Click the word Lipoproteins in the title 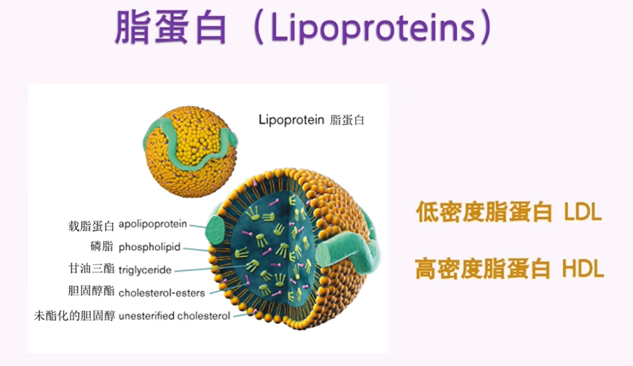coord(373,27)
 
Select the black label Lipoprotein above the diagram coord(291,120)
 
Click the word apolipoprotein coord(152,224)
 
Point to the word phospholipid coord(149,247)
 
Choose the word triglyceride coord(145,270)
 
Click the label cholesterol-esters coord(161,293)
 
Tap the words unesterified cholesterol coord(174,316)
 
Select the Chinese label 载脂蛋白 coord(91,226)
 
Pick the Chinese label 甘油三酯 coord(91,268)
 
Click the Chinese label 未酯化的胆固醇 coord(74,316)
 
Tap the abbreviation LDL coord(582,212)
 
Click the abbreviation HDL coord(583,268)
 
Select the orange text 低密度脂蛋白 coord(484,212)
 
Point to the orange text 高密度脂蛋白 coord(483,268)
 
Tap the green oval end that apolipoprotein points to coord(216,231)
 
